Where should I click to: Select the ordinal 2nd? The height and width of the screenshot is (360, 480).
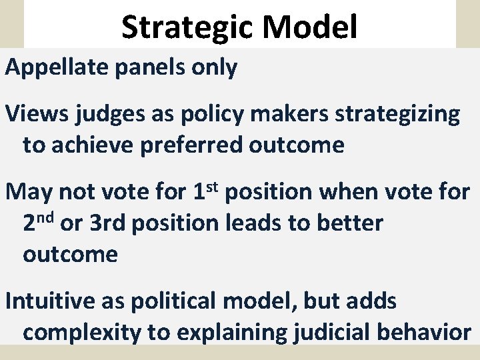(x=39, y=223)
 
